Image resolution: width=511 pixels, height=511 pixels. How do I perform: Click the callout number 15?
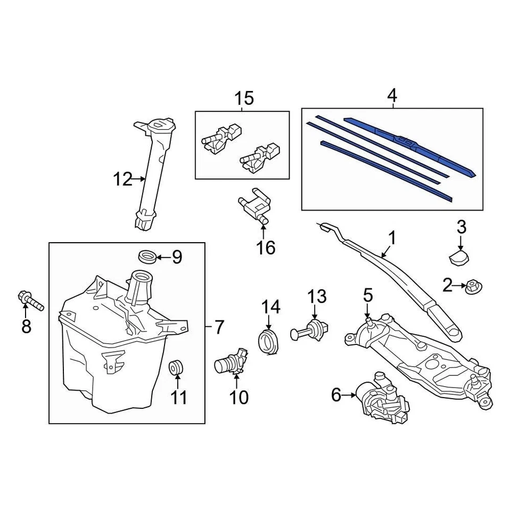tap(244, 98)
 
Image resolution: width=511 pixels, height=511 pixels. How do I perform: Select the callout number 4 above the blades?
tap(392, 96)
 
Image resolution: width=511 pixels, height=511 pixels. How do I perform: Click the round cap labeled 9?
tap(147, 257)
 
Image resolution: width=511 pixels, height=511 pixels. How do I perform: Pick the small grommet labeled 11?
tap(177, 367)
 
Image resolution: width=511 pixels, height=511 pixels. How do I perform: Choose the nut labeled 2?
tap(473, 287)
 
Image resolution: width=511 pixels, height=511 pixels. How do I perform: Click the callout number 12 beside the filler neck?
tap(122, 179)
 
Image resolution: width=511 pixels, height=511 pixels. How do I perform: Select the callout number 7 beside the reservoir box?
tap(220, 327)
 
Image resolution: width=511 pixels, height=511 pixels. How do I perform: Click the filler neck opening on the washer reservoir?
tap(141, 276)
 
